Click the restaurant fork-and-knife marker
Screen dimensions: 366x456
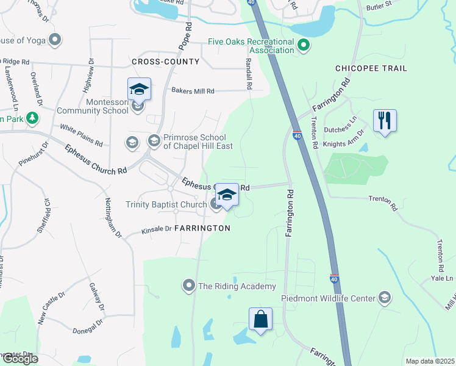pos(384,120)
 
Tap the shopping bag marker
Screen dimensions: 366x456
pos(260,318)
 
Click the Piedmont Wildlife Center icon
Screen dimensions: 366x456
pos(384,298)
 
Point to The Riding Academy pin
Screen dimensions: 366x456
pos(189,285)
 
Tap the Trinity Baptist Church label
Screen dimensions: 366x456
pos(166,204)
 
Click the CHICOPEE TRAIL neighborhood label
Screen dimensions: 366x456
pos(371,68)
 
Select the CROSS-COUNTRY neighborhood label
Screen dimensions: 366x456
pos(165,62)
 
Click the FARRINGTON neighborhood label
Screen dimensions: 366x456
pos(202,228)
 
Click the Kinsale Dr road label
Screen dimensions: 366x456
pos(157,230)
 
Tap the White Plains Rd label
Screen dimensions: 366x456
pos(81,135)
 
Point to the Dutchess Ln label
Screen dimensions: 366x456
pos(344,122)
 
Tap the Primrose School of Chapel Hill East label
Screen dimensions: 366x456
pos(187,142)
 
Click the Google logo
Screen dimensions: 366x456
pos(20,359)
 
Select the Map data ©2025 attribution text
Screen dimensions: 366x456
pos(430,361)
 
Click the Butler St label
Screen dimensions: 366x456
pos(379,9)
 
